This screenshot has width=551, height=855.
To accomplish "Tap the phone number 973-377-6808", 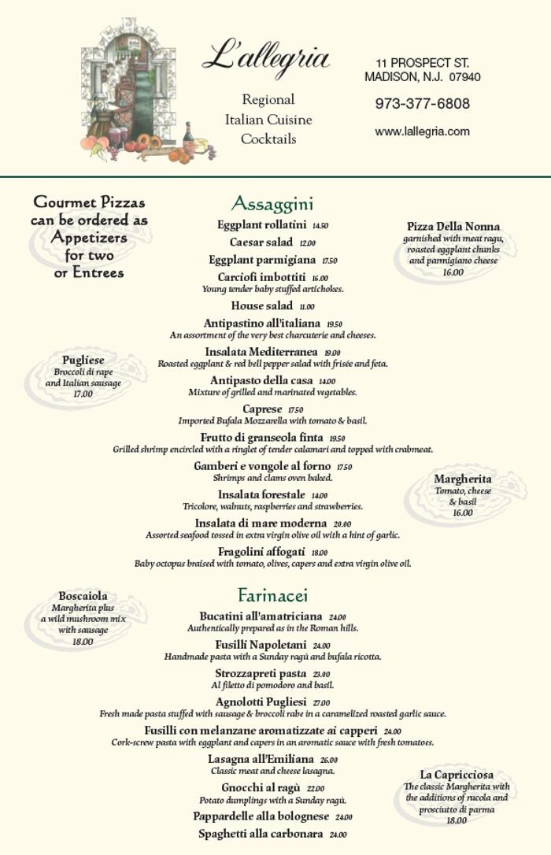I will point(422,104).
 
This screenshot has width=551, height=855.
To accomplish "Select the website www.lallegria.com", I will point(422,131).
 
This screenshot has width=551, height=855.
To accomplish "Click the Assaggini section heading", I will point(272,204).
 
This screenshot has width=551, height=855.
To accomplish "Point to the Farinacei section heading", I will point(272,595).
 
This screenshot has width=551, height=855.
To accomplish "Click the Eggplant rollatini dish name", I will point(261,225).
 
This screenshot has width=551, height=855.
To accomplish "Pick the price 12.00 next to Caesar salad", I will point(307,243).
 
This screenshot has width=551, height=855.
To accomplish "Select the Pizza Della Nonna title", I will point(453,227).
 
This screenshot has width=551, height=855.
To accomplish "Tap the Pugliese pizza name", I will point(83,360).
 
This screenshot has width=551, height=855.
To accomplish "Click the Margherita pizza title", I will point(463,479).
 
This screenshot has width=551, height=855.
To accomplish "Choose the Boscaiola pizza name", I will point(83,596).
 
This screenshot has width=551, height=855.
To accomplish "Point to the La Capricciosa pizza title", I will point(457,775).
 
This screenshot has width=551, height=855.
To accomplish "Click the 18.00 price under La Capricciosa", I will point(457,820).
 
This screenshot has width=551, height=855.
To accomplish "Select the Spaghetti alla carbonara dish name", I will point(261,834).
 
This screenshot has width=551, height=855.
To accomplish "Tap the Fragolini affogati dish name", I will point(261,552).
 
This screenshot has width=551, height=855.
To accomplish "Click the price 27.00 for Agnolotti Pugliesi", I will point(321,703).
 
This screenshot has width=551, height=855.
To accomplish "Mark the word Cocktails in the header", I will point(268,139).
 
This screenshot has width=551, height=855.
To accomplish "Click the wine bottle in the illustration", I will point(188,139).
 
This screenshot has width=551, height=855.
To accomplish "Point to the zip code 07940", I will point(465,77).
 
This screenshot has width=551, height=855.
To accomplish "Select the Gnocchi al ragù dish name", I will point(261,788).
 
